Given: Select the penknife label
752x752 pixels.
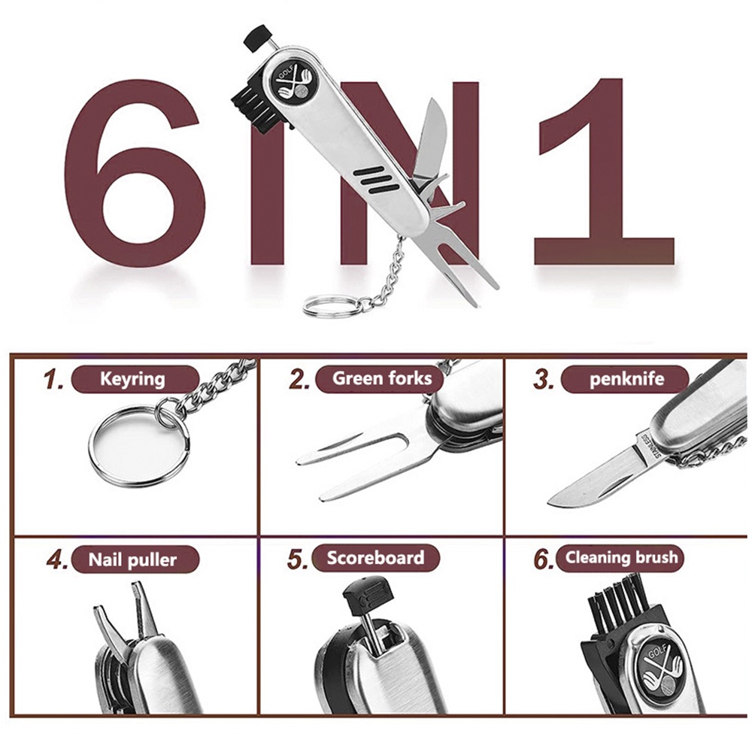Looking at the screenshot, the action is [x=626, y=379].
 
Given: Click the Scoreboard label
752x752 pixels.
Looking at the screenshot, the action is [x=375, y=558].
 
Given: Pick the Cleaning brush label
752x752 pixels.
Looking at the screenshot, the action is [x=620, y=558].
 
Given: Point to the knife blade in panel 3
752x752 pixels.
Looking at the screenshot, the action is [x=595, y=480].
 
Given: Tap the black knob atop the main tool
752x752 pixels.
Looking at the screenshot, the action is [x=256, y=37].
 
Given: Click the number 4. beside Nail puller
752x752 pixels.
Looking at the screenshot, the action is [x=58, y=559].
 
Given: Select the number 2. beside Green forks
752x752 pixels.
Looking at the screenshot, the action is [x=300, y=379].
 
